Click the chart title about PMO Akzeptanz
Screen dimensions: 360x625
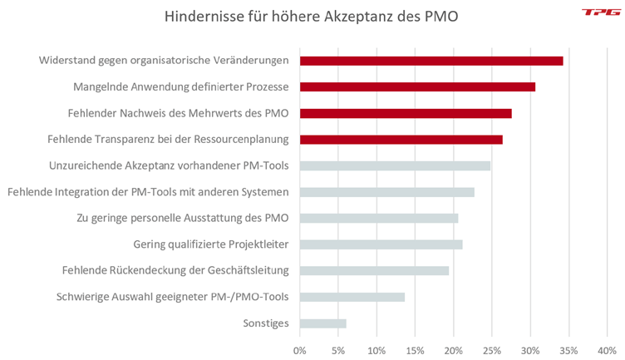pyautogui.click(x=312, y=16)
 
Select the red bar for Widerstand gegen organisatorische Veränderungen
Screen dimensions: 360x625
pyautogui.click(x=431, y=61)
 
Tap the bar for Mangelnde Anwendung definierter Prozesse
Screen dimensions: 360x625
pyautogui.click(x=417, y=86)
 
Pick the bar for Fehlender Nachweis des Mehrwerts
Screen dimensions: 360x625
pyautogui.click(x=406, y=113)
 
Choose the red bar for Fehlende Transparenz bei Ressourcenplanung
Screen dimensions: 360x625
pyautogui.click(x=401, y=139)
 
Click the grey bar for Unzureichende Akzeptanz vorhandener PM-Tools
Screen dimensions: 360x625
pyautogui.click(x=395, y=165)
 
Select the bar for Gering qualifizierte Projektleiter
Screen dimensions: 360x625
pyautogui.click(x=381, y=244)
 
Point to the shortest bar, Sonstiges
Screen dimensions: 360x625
pyautogui.click(x=322, y=323)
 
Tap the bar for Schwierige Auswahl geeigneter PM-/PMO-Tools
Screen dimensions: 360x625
pyautogui.click(x=352, y=297)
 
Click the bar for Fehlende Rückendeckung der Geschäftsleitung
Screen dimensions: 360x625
pyautogui.click(x=374, y=270)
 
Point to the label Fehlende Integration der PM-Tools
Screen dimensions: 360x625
pyautogui.click(x=148, y=192)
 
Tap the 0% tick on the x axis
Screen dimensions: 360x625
pyautogui.click(x=300, y=349)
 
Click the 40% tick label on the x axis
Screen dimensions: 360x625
pyautogui.click(x=607, y=349)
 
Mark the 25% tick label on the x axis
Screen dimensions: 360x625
pyautogui.click(x=491, y=349)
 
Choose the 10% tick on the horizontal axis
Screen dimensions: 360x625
pyautogui.click(x=376, y=349)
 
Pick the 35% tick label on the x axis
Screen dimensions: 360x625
pyautogui.click(x=568, y=349)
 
